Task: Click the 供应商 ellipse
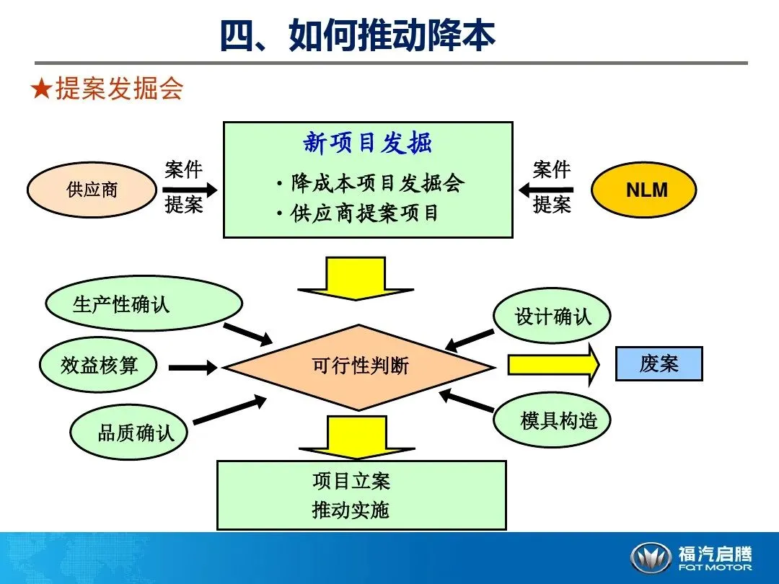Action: (x=92, y=190)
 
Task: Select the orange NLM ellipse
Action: (x=644, y=190)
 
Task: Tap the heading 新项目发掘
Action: (x=367, y=143)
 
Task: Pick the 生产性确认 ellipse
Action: (x=143, y=304)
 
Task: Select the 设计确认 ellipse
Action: (x=552, y=315)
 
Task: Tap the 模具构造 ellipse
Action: (x=552, y=420)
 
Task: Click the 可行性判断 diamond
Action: (x=360, y=366)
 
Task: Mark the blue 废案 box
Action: (x=659, y=363)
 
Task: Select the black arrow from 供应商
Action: (x=190, y=190)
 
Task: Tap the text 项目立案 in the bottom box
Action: (x=351, y=481)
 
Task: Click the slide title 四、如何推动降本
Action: (x=358, y=35)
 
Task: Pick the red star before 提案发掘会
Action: (x=41, y=89)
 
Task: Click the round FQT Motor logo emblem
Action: (x=650, y=558)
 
